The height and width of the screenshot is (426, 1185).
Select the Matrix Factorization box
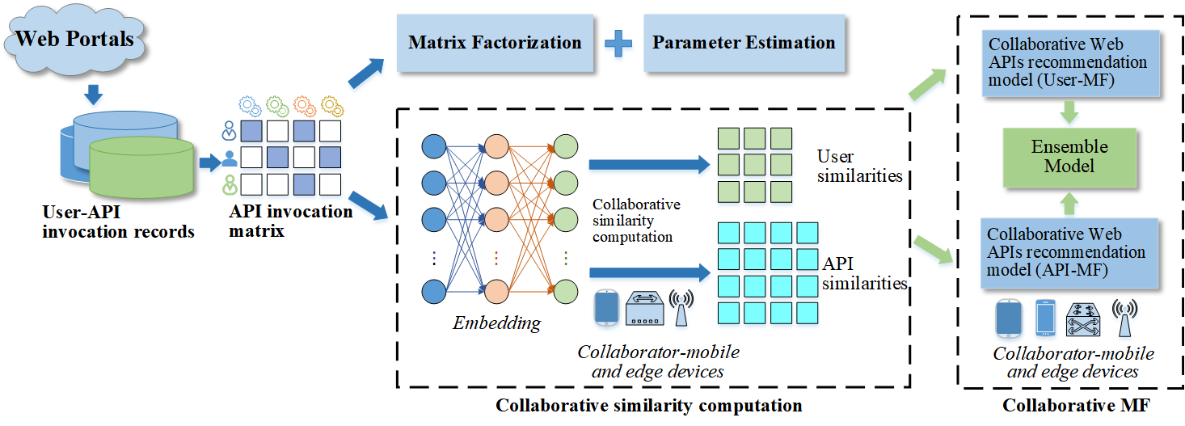point(495,43)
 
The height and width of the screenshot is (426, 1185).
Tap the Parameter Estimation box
point(743,43)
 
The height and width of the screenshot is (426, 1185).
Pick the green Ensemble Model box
point(1069,157)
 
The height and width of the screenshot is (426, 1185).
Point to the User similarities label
point(859,165)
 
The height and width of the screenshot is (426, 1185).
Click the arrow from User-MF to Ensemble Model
point(1069,111)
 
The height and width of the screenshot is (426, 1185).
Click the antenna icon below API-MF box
point(1124,317)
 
